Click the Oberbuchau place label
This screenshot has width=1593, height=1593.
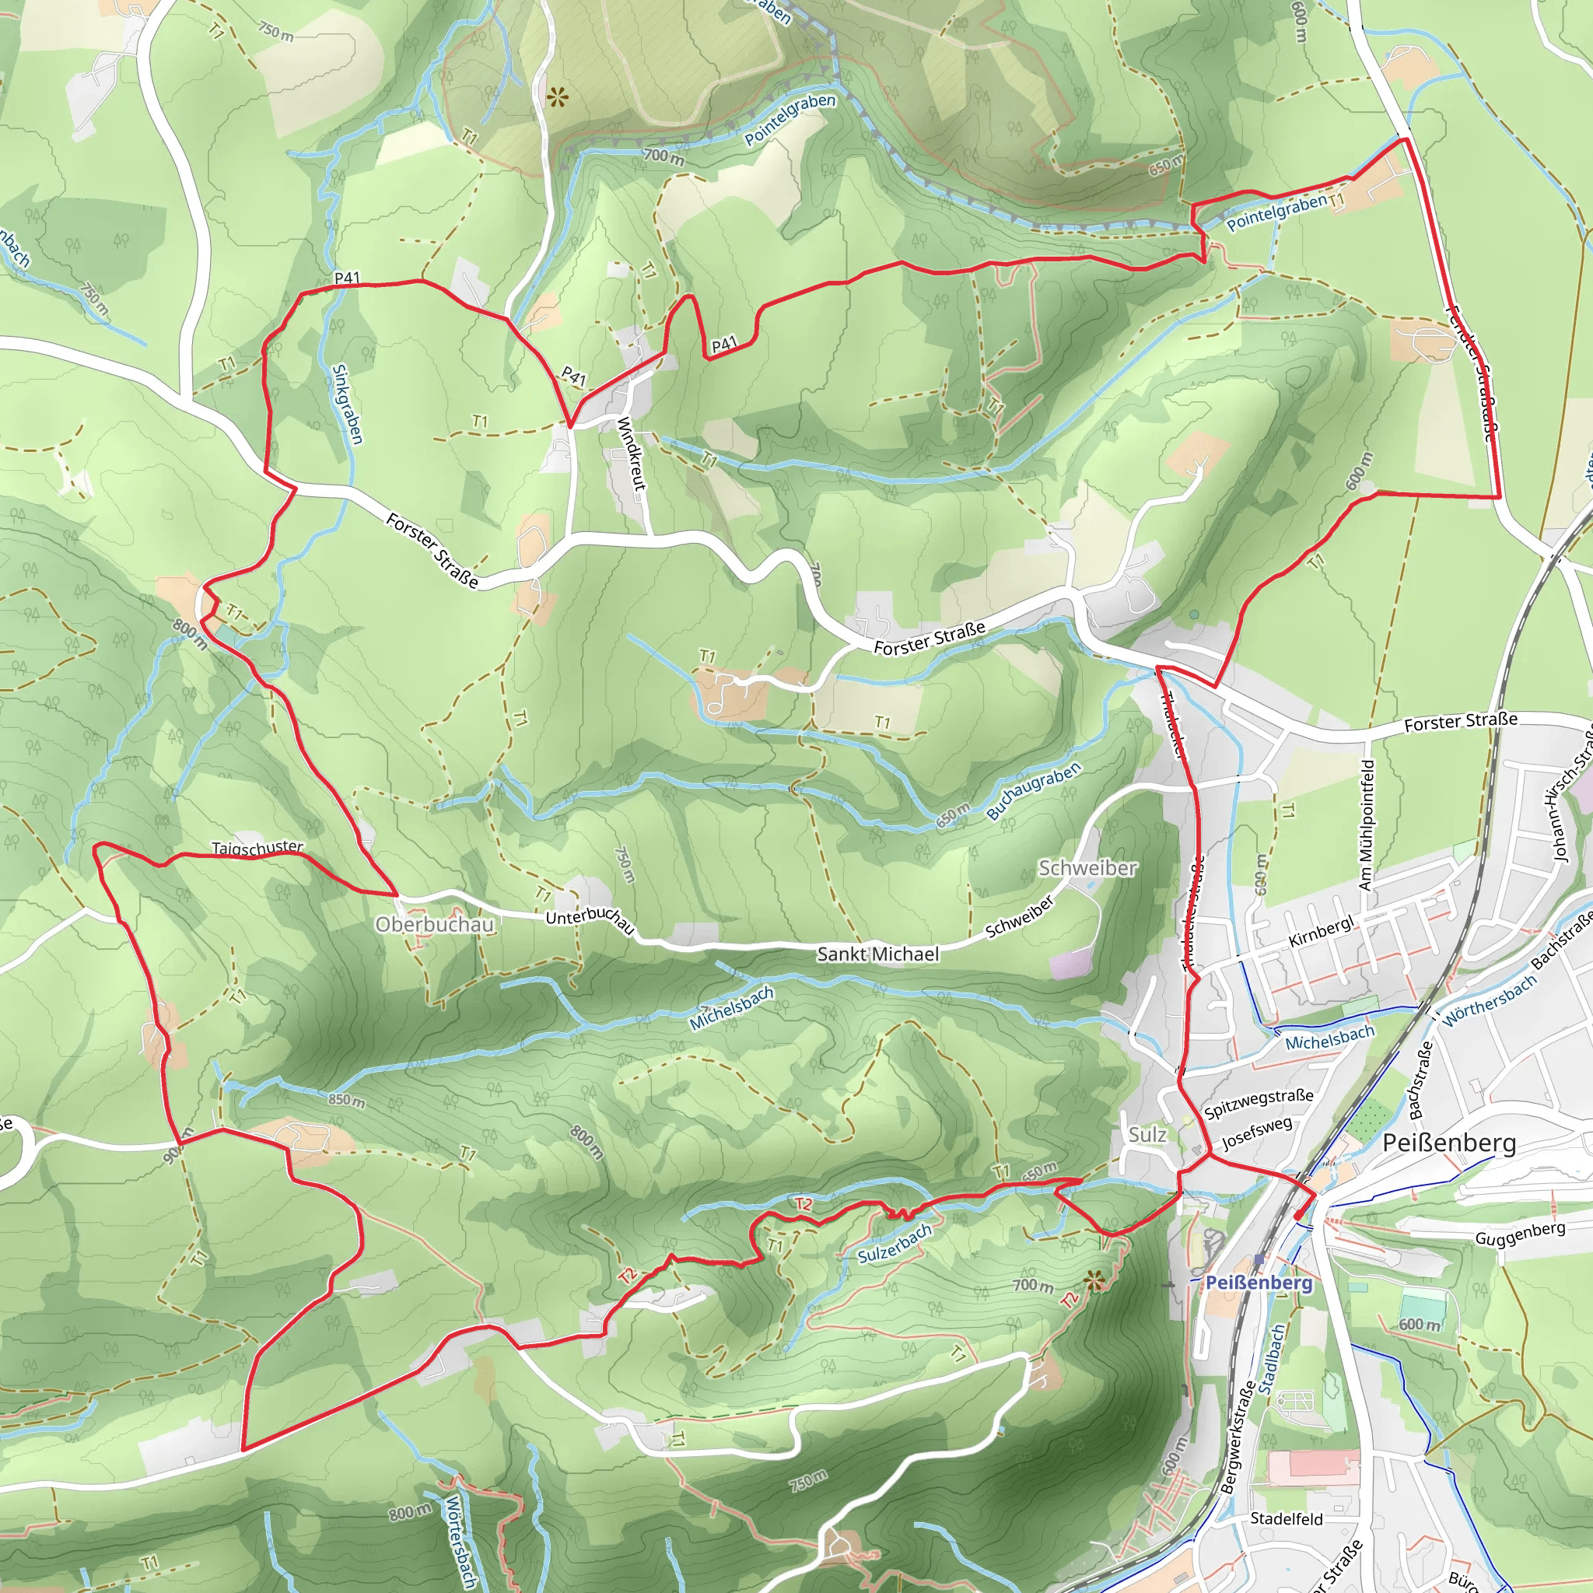435,924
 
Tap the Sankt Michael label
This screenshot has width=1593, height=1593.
877,954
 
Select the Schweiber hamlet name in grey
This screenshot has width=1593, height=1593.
1087,867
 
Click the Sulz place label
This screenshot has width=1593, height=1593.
1147,1135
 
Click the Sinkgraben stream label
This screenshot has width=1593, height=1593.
346,404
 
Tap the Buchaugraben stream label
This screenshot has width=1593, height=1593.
1033,791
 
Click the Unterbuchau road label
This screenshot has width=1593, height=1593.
590,920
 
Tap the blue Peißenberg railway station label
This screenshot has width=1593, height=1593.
1259,1283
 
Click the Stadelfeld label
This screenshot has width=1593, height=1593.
1287,1519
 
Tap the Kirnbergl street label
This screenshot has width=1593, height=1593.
1321,932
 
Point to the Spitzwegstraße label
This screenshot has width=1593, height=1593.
1259,1102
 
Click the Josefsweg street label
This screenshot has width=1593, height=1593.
1257,1133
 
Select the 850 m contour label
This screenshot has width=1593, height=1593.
346,1100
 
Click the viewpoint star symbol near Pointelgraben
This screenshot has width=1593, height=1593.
558,99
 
